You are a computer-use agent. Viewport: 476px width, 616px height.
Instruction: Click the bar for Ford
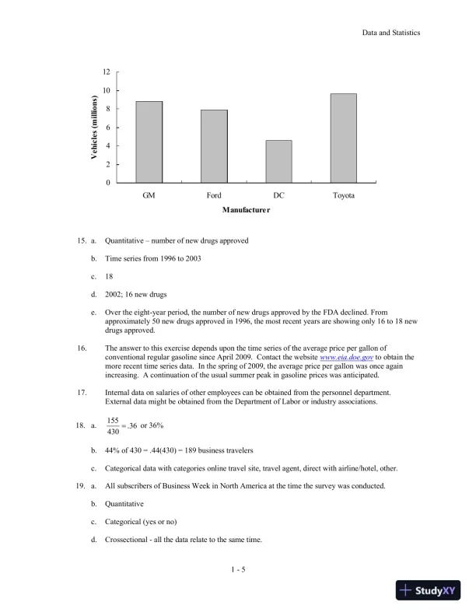tap(214, 146)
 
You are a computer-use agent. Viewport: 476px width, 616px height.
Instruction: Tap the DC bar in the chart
tap(278, 162)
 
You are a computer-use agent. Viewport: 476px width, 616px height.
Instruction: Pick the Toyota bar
tap(343, 138)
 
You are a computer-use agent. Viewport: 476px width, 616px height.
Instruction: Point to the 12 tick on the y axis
tap(107, 72)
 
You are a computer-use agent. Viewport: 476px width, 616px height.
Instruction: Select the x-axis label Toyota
tap(343, 195)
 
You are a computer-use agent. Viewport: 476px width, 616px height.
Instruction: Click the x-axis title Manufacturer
tap(246, 210)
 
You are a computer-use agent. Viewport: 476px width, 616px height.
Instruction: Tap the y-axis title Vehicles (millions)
tap(93, 128)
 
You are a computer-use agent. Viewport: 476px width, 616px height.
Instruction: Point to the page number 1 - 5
tap(238, 570)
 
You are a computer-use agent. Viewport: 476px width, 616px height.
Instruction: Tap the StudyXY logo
tap(426, 590)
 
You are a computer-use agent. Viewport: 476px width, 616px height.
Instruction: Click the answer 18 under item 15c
tap(109, 275)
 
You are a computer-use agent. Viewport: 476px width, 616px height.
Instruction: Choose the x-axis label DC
tap(278, 195)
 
